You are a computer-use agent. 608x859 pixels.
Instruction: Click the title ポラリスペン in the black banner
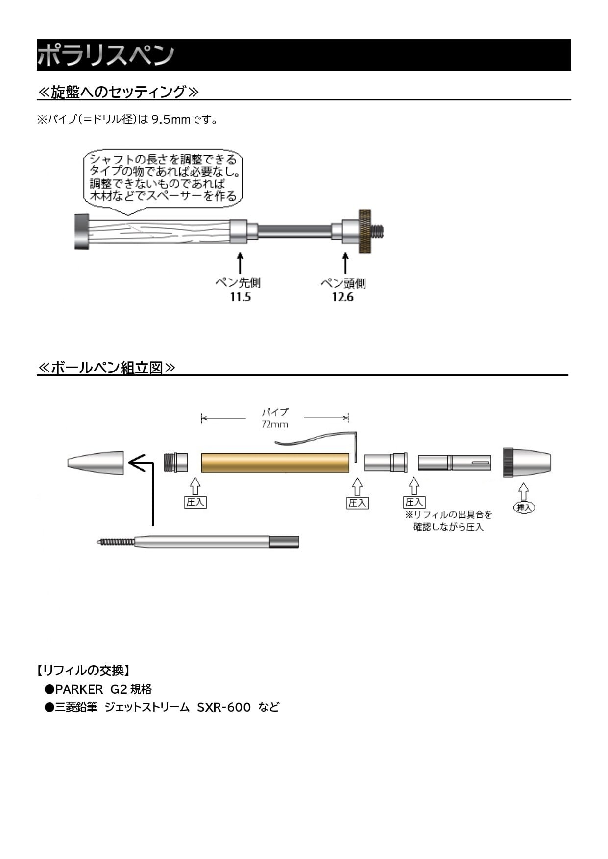(105, 55)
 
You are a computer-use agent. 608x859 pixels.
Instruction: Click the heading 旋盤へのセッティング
(118, 92)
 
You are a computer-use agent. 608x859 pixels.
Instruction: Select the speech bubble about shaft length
(163, 179)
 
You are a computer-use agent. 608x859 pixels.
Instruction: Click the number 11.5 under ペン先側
(240, 297)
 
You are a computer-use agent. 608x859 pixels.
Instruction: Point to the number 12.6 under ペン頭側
(342, 297)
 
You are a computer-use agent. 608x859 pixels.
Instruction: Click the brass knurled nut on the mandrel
(365, 232)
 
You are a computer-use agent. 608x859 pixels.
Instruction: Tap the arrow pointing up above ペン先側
(240, 263)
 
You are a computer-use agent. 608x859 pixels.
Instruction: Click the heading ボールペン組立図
(106, 368)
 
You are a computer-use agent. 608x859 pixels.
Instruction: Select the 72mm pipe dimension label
(274, 424)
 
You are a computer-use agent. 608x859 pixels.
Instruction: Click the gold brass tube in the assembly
(275, 463)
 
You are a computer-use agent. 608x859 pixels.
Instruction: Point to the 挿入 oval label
(524, 507)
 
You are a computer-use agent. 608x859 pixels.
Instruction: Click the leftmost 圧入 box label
(195, 502)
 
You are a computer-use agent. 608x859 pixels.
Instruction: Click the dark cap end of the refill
(285, 542)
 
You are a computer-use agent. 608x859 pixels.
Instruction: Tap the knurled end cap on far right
(508, 462)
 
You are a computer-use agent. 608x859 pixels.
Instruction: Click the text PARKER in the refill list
(79, 689)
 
